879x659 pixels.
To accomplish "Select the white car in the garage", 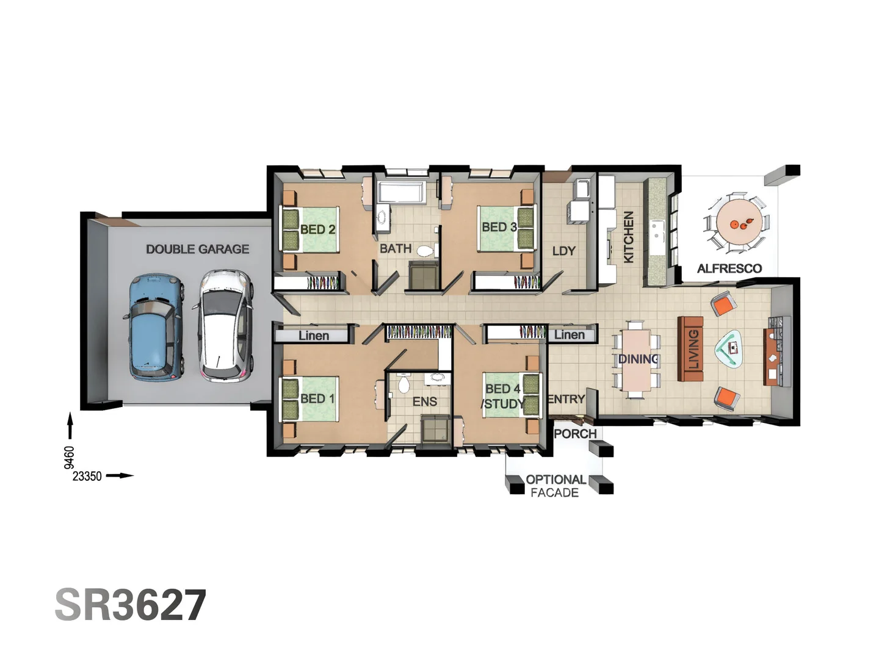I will [x=224, y=326].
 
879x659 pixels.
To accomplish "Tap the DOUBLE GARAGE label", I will [x=197, y=249].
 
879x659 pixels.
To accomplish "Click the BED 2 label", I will [x=317, y=229].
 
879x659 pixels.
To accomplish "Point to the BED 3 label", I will [x=499, y=227].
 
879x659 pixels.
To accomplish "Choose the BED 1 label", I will [x=317, y=398].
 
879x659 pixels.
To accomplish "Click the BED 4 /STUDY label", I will [x=503, y=396].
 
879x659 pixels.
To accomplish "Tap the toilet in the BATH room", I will [x=425, y=250].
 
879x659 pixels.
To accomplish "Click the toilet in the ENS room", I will [x=403, y=384].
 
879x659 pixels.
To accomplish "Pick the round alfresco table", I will [x=739, y=222].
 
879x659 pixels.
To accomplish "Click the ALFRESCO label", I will [x=729, y=268].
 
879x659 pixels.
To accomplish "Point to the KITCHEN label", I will [x=628, y=237].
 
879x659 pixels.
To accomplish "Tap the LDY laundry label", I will [x=563, y=251].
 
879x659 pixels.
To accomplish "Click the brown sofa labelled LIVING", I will [x=691, y=348].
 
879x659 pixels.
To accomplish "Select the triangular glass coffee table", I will [x=730, y=350].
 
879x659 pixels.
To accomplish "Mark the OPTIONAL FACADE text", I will [x=555, y=486].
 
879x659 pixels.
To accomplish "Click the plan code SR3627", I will [x=131, y=605].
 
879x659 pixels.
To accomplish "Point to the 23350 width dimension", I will [x=87, y=476].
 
